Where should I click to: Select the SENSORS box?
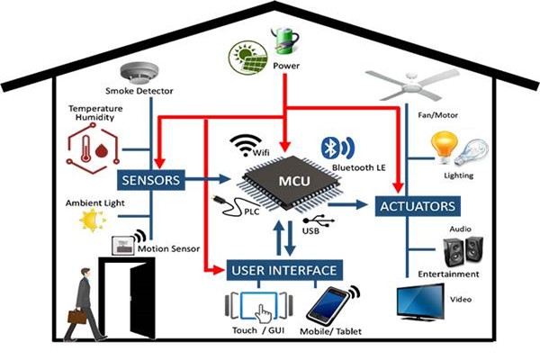pos(149,180)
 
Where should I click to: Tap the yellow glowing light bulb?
pos(444,144)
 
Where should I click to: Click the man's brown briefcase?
pos(76,316)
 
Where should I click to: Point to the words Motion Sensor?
pos(171,248)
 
